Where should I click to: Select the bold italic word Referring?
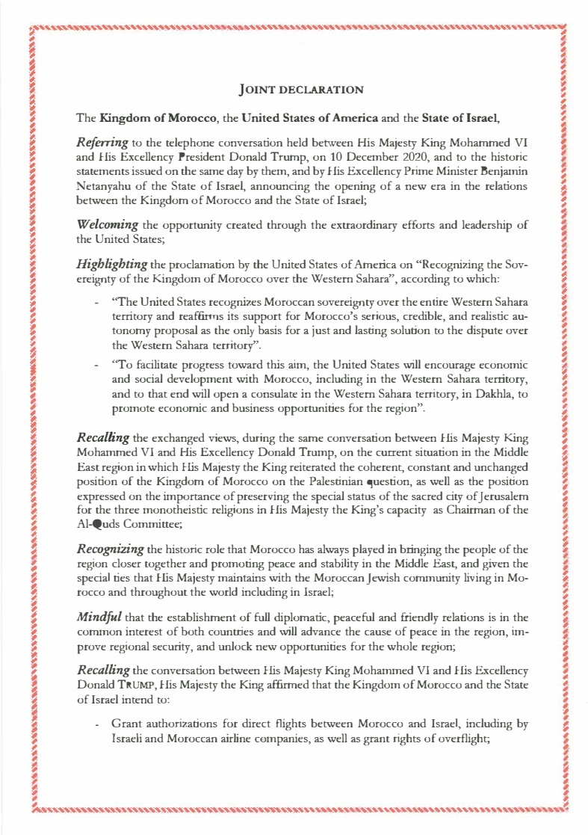pyautogui.click(x=102, y=141)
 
